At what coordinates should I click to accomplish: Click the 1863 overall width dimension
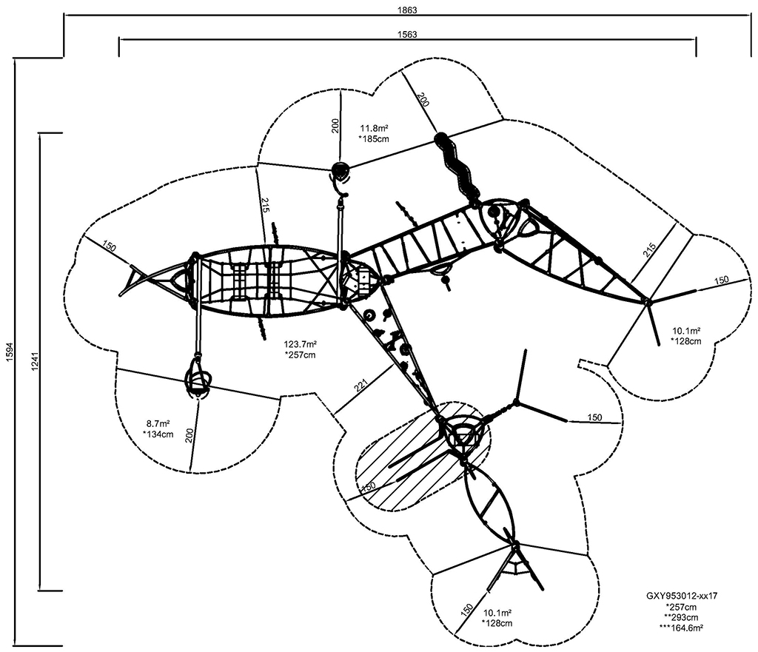[x=407, y=10]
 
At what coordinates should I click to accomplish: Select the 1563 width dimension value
[x=407, y=34]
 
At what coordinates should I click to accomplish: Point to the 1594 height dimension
[x=10, y=352]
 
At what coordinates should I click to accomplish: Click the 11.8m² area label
[x=374, y=129]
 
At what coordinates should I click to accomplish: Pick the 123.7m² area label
[x=301, y=345]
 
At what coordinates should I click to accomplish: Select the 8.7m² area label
[x=158, y=424]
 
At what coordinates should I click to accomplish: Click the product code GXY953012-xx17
[x=682, y=596]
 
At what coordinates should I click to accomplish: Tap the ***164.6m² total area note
[x=681, y=628]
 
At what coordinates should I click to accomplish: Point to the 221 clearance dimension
[x=361, y=385]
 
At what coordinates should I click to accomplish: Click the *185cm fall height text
[x=374, y=139]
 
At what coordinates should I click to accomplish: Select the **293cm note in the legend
[x=681, y=617]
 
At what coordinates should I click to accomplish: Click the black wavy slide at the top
[x=456, y=166]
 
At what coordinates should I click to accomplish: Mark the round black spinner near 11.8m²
[x=340, y=169]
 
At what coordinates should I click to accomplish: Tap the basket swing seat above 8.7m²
[x=197, y=379]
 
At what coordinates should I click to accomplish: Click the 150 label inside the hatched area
[x=369, y=487]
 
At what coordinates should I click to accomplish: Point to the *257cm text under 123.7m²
[x=301, y=355]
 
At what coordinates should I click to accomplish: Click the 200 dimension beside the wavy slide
[x=423, y=99]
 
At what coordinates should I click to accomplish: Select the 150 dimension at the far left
[x=110, y=247]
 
